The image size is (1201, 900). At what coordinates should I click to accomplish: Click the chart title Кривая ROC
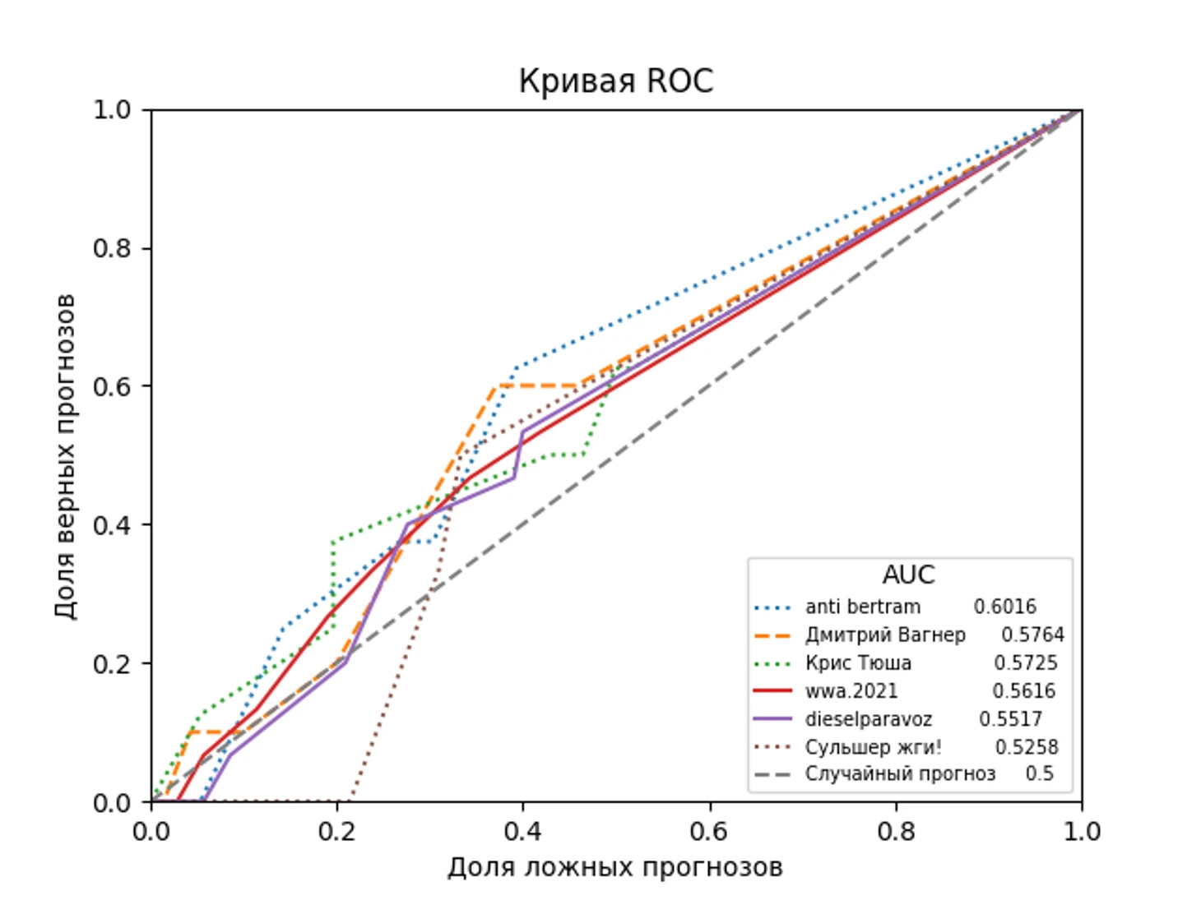point(615,81)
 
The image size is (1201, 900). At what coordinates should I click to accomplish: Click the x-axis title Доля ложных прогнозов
point(614,867)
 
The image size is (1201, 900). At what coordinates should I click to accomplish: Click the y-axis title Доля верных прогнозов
point(65,455)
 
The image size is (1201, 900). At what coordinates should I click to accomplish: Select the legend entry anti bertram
point(863,607)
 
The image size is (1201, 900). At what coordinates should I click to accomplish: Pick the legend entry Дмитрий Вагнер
point(885,635)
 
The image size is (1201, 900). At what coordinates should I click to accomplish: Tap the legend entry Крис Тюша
point(858,662)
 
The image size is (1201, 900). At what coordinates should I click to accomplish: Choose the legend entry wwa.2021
point(851,690)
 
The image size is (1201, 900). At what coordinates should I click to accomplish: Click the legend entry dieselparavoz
point(869,719)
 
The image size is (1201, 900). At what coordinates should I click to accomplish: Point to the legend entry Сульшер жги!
point(873,747)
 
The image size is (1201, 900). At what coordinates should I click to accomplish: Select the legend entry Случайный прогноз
point(900,774)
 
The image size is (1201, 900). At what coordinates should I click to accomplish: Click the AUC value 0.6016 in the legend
point(1004,607)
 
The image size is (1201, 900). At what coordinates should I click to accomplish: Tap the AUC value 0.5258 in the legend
point(1027,747)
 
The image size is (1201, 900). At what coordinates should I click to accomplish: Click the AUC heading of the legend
point(908,575)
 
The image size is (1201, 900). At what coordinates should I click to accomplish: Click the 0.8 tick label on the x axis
point(896,831)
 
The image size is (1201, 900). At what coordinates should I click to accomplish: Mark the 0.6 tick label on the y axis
point(112,386)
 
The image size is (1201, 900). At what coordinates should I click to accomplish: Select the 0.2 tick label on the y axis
point(112,663)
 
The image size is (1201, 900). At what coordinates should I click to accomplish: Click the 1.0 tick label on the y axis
point(112,109)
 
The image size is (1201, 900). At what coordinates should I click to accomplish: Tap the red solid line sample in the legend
point(772,691)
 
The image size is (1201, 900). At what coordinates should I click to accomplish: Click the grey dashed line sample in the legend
point(772,774)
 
